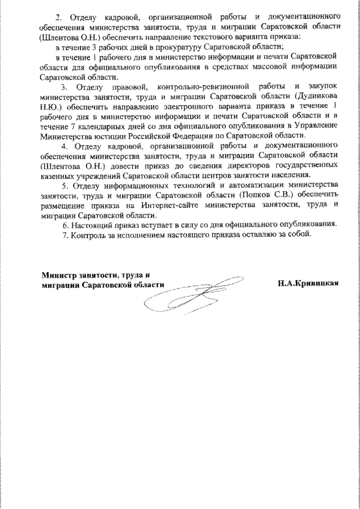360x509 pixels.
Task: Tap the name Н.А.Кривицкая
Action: click(307, 285)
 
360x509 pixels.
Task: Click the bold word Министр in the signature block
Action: click(61, 275)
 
